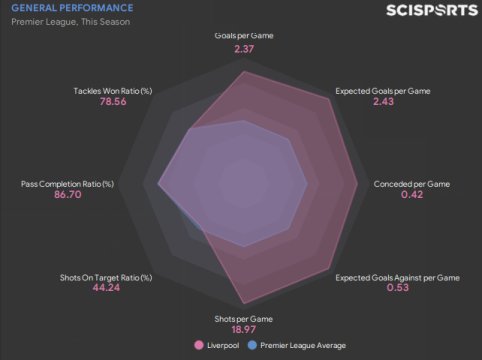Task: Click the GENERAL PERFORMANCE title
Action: click(x=72, y=8)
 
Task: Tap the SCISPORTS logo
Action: click(x=432, y=10)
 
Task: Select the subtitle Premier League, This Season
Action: click(x=71, y=22)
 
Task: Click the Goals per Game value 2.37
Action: click(x=244, y=49)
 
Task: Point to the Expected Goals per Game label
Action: click(x=383, y=91)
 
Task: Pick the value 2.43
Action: click(x=383, y=101)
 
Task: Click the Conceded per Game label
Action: click(x=412, y=184)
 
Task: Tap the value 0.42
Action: click(x=412, y=194)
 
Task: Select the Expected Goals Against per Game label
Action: click(x=397, y=278)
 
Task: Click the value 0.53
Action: click(x=398, y=287)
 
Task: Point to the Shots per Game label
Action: click(x=244, y=319)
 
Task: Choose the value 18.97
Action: click(x=244, y=329)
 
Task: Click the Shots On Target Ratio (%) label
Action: click(x=106, y=278)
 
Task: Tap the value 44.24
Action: click(x=106, y=287)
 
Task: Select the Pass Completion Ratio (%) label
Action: click(x=67, y=184)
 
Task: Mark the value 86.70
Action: click(x=68, y=194)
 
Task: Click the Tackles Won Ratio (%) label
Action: click(x=113, y=91)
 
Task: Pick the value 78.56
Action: click(x=113, y=101)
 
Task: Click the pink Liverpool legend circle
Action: click(x=199, y=345)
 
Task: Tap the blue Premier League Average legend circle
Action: click(x=252, y=345)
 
